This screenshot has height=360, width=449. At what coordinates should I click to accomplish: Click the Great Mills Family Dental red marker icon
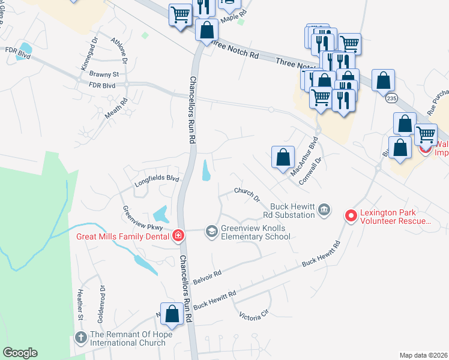[x=178, y=236]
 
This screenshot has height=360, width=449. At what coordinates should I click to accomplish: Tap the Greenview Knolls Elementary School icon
[x=211, y=230]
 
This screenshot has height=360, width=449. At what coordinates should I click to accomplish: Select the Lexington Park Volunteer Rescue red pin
[x=351, y=214]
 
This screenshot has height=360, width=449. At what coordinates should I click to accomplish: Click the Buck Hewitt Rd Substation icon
[x=324, y=209]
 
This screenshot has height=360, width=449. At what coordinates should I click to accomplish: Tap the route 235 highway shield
[x=391, y=98]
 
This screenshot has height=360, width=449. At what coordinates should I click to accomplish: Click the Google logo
[x=20, y=353]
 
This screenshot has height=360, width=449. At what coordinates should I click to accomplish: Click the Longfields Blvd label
[x=157, y=178]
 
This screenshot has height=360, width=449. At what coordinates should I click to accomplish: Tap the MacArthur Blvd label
[x=304, y=158]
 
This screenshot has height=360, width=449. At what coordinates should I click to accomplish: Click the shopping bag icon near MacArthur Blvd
[x=283, y=158]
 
